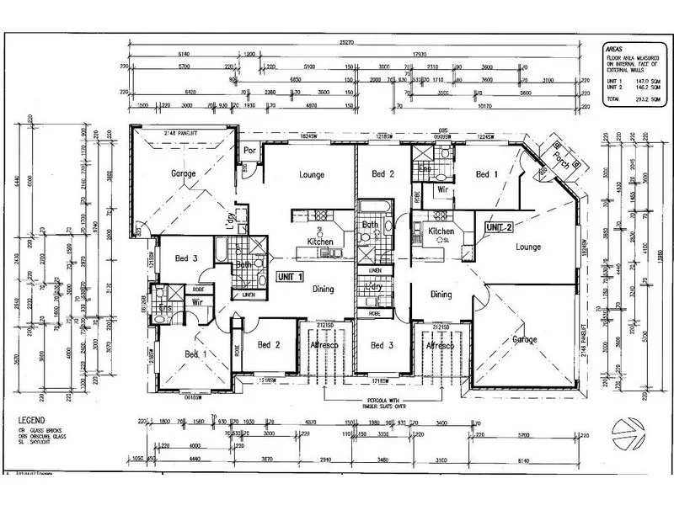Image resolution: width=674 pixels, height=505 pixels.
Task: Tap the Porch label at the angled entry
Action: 558,155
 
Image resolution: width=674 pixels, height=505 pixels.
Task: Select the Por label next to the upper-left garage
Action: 249,151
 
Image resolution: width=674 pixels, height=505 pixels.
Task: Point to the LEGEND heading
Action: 34,418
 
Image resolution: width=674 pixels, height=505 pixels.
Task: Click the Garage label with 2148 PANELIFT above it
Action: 184,173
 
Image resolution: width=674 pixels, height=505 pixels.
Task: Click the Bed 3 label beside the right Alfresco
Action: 381,345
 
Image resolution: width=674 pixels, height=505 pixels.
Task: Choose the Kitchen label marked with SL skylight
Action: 441,231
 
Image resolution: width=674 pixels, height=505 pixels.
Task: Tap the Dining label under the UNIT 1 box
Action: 322,289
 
